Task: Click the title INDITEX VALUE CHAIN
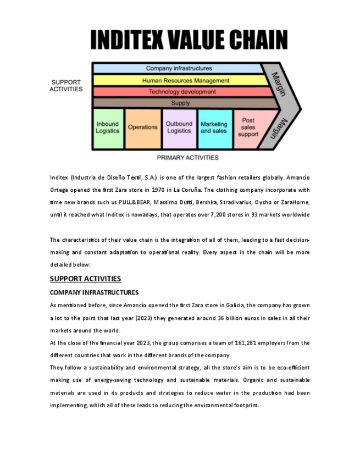tap(189, 40)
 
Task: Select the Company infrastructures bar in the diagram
tap(179, 69)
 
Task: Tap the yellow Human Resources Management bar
tap(185, 80)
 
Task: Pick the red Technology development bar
tap(182, 92)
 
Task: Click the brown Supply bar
tap(180, 103)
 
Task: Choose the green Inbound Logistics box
tap(108, 128)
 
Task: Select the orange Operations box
tap(142, 127)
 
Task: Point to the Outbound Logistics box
tap(179, 127)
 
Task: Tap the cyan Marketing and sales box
tap(214, 127)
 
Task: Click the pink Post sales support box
tap(248, 127)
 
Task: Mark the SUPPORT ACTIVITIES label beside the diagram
tap(66, 86)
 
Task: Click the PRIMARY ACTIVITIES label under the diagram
tap(187, 158)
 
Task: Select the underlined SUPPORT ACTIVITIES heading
tap(85, 279)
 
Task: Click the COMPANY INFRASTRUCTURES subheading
tap(94, 292)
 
